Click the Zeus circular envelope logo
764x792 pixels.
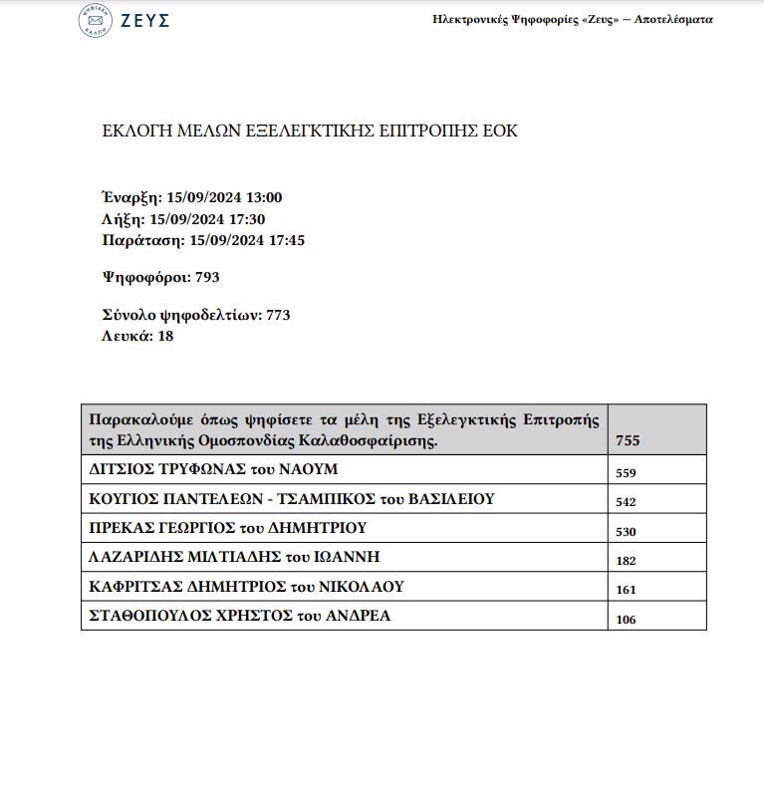coord(95,21)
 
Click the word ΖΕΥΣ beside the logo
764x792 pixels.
coord(144,21)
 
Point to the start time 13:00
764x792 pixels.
coord(263,198)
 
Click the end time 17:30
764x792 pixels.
coord(246,219)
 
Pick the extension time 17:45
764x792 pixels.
coord(285,240)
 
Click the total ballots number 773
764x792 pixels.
coord(278,315)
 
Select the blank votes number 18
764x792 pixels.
coord(165,336)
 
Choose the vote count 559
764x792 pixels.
coord(626,473)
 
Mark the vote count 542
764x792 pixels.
coord(626,502)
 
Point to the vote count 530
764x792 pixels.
coord(626,532)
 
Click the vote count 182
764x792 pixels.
coord(626,561)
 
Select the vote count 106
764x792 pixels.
coord(626,620)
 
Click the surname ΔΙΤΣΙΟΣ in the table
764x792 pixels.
coord(127,469)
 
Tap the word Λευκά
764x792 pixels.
coord(125,336)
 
